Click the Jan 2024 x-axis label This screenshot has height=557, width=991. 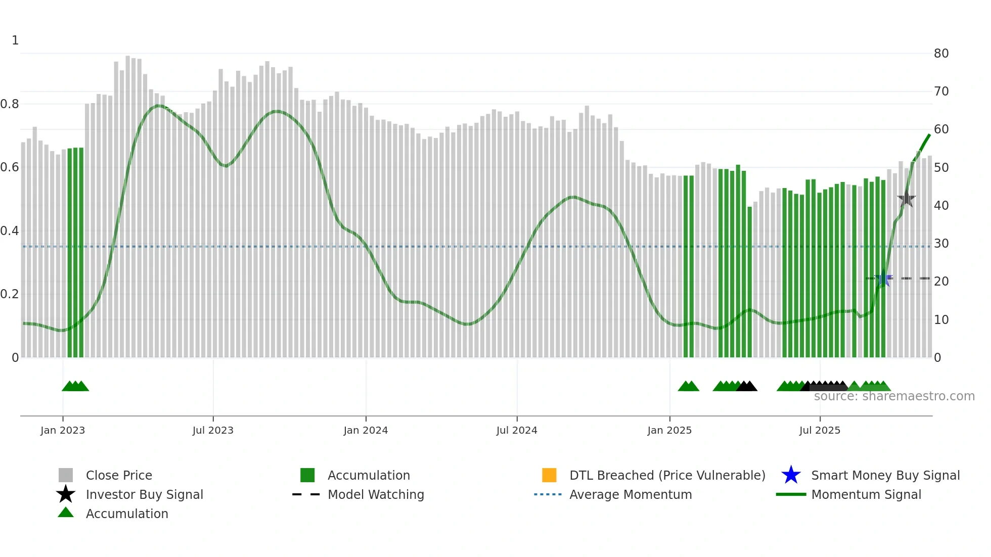click(366, 430)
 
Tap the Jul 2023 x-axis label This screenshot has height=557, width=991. click(213, 430)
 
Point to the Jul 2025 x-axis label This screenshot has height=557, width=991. click(820, 430)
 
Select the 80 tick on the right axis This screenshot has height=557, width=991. click(941, 54)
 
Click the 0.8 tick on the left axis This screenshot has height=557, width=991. click(10, 104)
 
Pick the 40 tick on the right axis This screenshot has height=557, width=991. click(941, 206)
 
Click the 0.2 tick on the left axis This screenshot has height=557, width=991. click(10, 294)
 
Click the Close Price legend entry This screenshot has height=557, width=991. click(119, 475)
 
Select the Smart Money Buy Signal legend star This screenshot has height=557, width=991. click(791, 475)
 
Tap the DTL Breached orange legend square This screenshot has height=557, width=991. click(549, 475)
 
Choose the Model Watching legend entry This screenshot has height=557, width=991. click(376, 494)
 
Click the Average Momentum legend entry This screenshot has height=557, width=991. click(630, 494)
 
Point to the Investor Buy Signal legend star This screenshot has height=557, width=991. click(66, 494)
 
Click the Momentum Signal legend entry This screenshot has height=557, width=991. click(866, 494)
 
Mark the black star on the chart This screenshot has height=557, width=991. click(907, 199)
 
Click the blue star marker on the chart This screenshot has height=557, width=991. click(883, 278)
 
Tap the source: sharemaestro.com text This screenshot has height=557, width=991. click(894, 396)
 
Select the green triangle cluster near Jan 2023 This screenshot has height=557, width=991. click(75, 386)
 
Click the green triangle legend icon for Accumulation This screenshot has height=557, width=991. click(66, 513)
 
